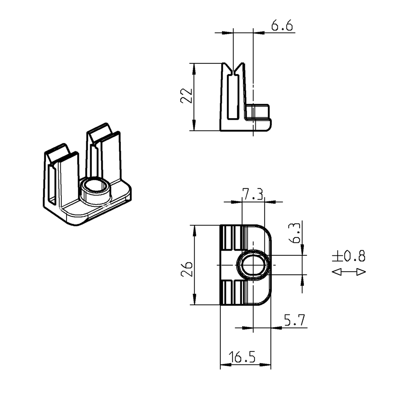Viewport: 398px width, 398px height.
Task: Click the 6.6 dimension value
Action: click(x=282, y=26)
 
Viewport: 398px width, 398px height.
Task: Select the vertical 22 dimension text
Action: click(x=187, y=96)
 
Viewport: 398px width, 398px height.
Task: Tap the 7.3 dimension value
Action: click(x=253, y=194)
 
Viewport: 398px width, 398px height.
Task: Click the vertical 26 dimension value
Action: click(x=187, y=269)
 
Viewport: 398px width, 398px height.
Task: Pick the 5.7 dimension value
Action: click(x=294, y=321)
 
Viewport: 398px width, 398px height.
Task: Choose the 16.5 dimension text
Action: click(x=242, y=357)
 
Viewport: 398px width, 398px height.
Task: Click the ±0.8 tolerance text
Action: click(x=349, y=256)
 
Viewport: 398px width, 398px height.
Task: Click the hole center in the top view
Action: click(x=253, y=265)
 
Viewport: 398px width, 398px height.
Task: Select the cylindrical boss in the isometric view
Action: click(x=95, y=190)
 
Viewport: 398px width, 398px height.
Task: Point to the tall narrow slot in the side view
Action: click(x=233, y=97)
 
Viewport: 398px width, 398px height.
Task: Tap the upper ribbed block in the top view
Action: click(x=234, y=237)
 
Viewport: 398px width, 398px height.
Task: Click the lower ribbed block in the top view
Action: click(x=234, y=292)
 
